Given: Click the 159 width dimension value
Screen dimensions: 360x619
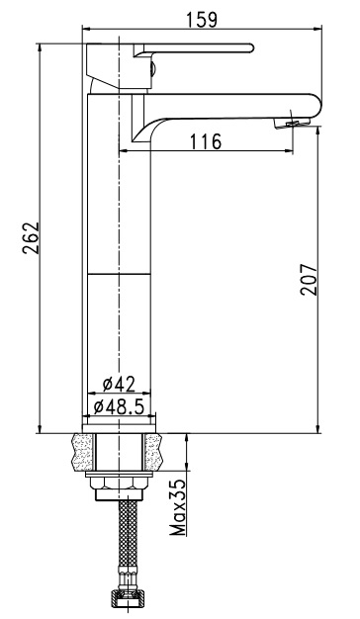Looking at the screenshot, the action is coord(202,20).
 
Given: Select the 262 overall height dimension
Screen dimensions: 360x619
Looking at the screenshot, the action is coord(32,237).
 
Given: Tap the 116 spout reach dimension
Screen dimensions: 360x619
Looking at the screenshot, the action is coord(206,141).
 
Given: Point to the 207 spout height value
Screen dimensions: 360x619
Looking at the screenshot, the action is coord(309,279).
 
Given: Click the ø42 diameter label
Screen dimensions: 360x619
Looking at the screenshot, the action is coord(119,384).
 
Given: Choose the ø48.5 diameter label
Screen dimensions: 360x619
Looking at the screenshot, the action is coord(119,406).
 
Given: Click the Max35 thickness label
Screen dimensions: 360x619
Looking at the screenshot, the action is coord(178,507).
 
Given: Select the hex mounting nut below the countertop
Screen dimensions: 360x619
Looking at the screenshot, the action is coord(119,483).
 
